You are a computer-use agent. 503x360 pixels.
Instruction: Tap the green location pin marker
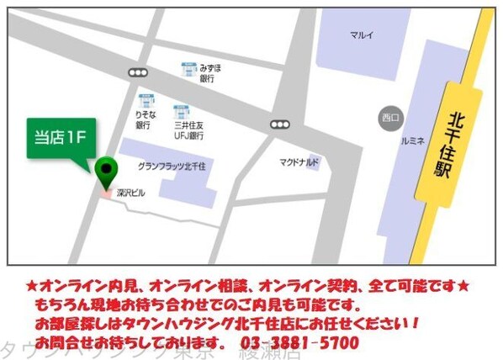(x=105, y=172)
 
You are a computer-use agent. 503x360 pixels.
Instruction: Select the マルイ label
(x=361, y=35)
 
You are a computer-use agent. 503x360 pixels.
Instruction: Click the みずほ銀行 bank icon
(x=188, y=68)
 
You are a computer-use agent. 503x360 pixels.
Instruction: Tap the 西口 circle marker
(x=388, y=115)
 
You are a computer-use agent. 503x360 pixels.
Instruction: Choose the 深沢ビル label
(x=130, y=193)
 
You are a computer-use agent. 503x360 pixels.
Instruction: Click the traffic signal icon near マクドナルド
(x=279, y=124)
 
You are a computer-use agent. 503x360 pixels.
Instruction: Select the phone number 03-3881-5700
(x=299, y=342)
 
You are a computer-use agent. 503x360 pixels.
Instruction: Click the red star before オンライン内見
(x=31, y=284)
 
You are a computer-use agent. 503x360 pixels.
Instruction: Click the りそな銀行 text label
(x=144, y=119)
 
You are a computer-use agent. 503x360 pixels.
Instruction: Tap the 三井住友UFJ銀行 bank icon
(x=181, y=111)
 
